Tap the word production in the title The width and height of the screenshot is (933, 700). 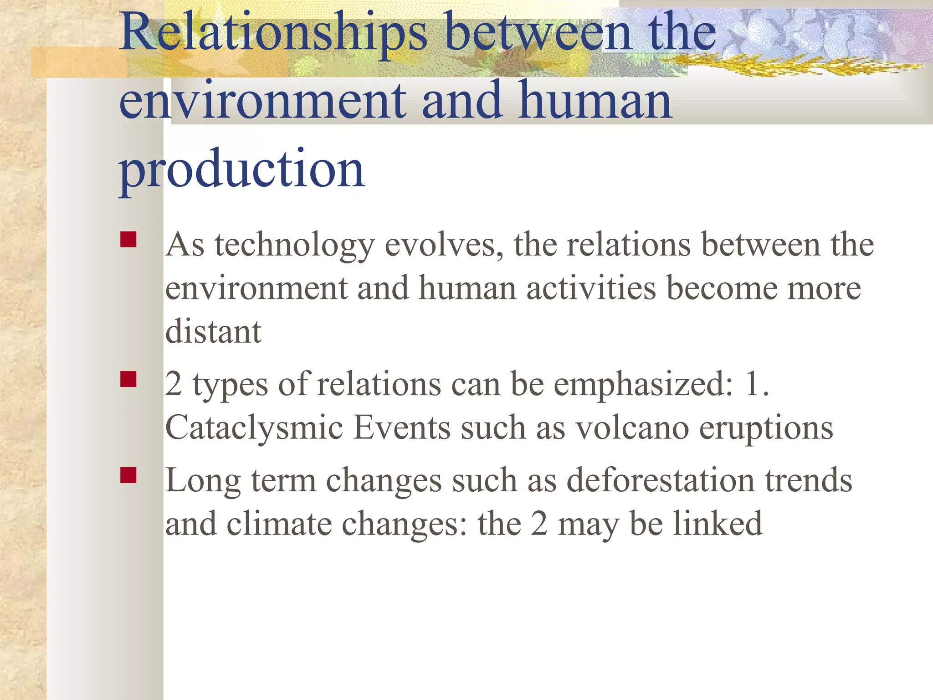coord(241,170)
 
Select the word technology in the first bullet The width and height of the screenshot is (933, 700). coord(294,246)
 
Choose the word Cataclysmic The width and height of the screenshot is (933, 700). coord(254,428)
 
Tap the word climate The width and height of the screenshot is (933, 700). coord(279,524)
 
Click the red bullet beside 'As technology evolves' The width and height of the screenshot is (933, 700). coord(128,240)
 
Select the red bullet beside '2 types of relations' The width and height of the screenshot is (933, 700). coord(128,379)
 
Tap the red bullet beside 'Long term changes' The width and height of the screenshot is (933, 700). coord(128,475)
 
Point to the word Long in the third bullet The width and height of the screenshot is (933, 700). coord(203,481)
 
